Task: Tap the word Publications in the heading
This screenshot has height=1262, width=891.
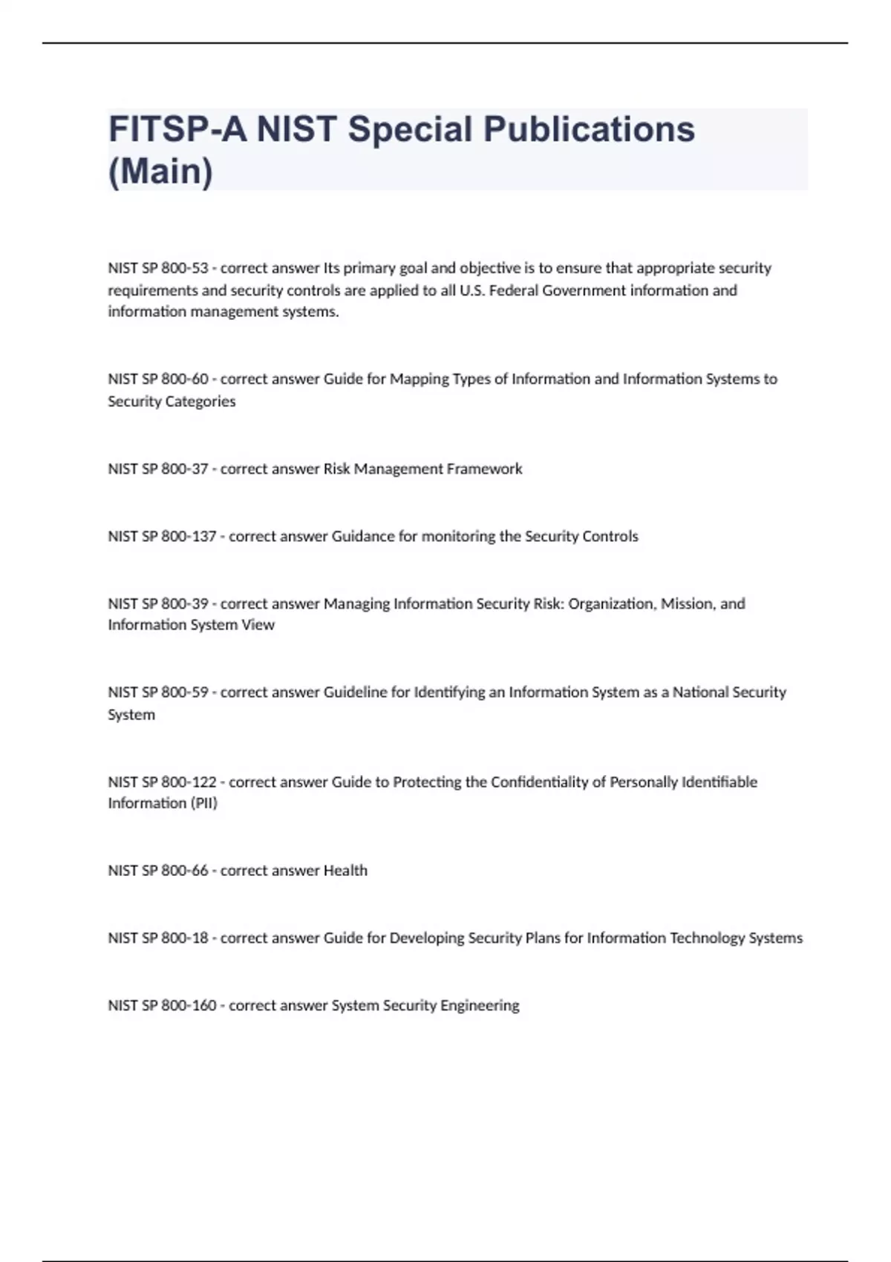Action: click(589, 130)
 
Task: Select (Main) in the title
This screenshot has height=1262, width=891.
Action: click(160, 171)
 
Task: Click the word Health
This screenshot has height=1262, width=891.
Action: click(345, 871)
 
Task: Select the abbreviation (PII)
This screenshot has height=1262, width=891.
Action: click(203, 803)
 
